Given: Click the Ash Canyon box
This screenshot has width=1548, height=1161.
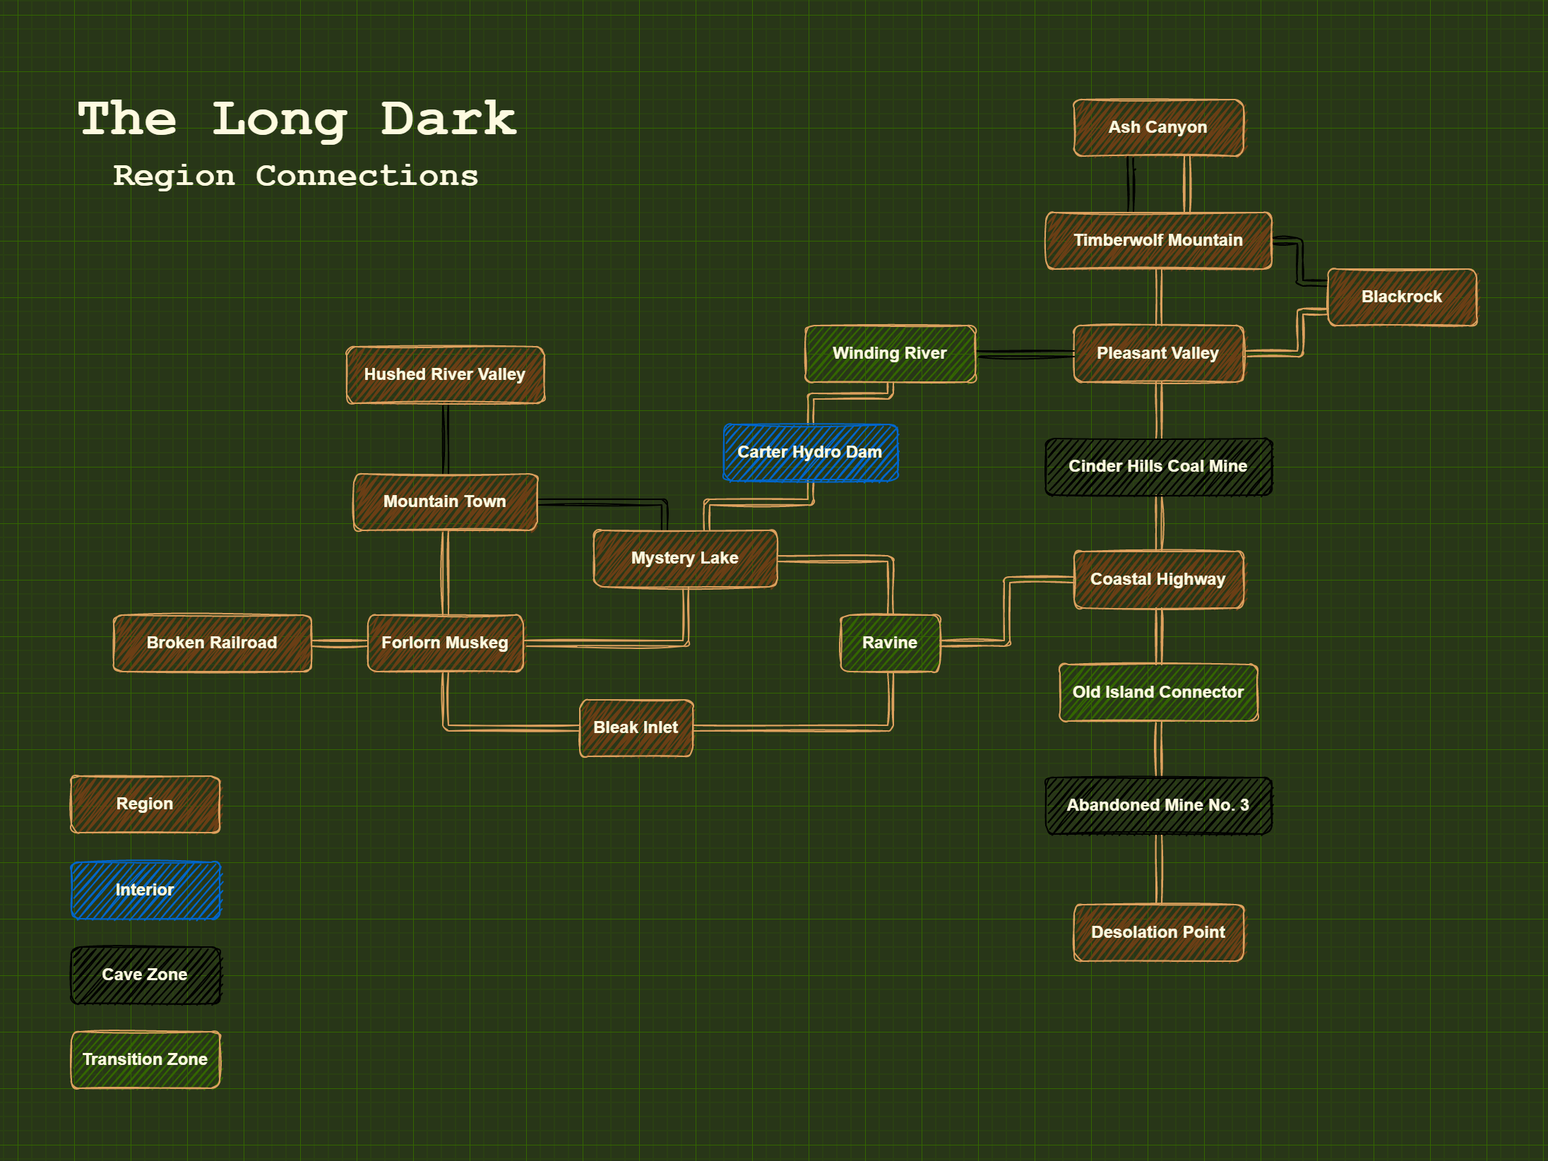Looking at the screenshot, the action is point(1158,128).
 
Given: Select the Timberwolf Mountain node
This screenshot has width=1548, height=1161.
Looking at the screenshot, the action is point(1158,241).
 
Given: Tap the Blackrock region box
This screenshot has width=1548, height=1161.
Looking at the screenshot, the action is point(1402,297).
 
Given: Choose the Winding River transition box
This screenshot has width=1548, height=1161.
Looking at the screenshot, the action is point(890,354).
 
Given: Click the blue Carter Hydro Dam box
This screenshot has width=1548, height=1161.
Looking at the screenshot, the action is point(810,453).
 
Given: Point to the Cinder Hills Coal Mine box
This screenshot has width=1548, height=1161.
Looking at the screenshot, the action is point(1158,467).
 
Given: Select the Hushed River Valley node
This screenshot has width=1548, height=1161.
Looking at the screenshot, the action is point(445,375).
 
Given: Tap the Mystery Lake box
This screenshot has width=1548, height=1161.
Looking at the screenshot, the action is point(685,559).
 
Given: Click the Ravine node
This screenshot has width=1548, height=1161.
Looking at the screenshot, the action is point(890,643).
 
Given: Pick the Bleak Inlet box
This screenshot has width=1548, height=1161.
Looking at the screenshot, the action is point(636,728).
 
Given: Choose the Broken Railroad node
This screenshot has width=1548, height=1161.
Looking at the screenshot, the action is point(212,643).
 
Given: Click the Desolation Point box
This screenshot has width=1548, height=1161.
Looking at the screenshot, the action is point(1158,933).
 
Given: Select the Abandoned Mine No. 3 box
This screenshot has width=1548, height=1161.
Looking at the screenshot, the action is point(1158,806).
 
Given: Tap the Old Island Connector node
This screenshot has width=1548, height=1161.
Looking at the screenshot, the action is point(1158,693).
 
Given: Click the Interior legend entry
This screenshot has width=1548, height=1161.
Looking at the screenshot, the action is point(145,891).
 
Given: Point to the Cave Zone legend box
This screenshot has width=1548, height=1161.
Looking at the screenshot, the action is point(145,975).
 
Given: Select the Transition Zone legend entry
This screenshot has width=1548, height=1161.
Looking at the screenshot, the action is point(145,1060).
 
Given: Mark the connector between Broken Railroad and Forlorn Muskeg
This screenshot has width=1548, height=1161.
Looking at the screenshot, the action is point(340,643).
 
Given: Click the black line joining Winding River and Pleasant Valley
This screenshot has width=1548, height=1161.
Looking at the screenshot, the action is point(1025,354).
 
